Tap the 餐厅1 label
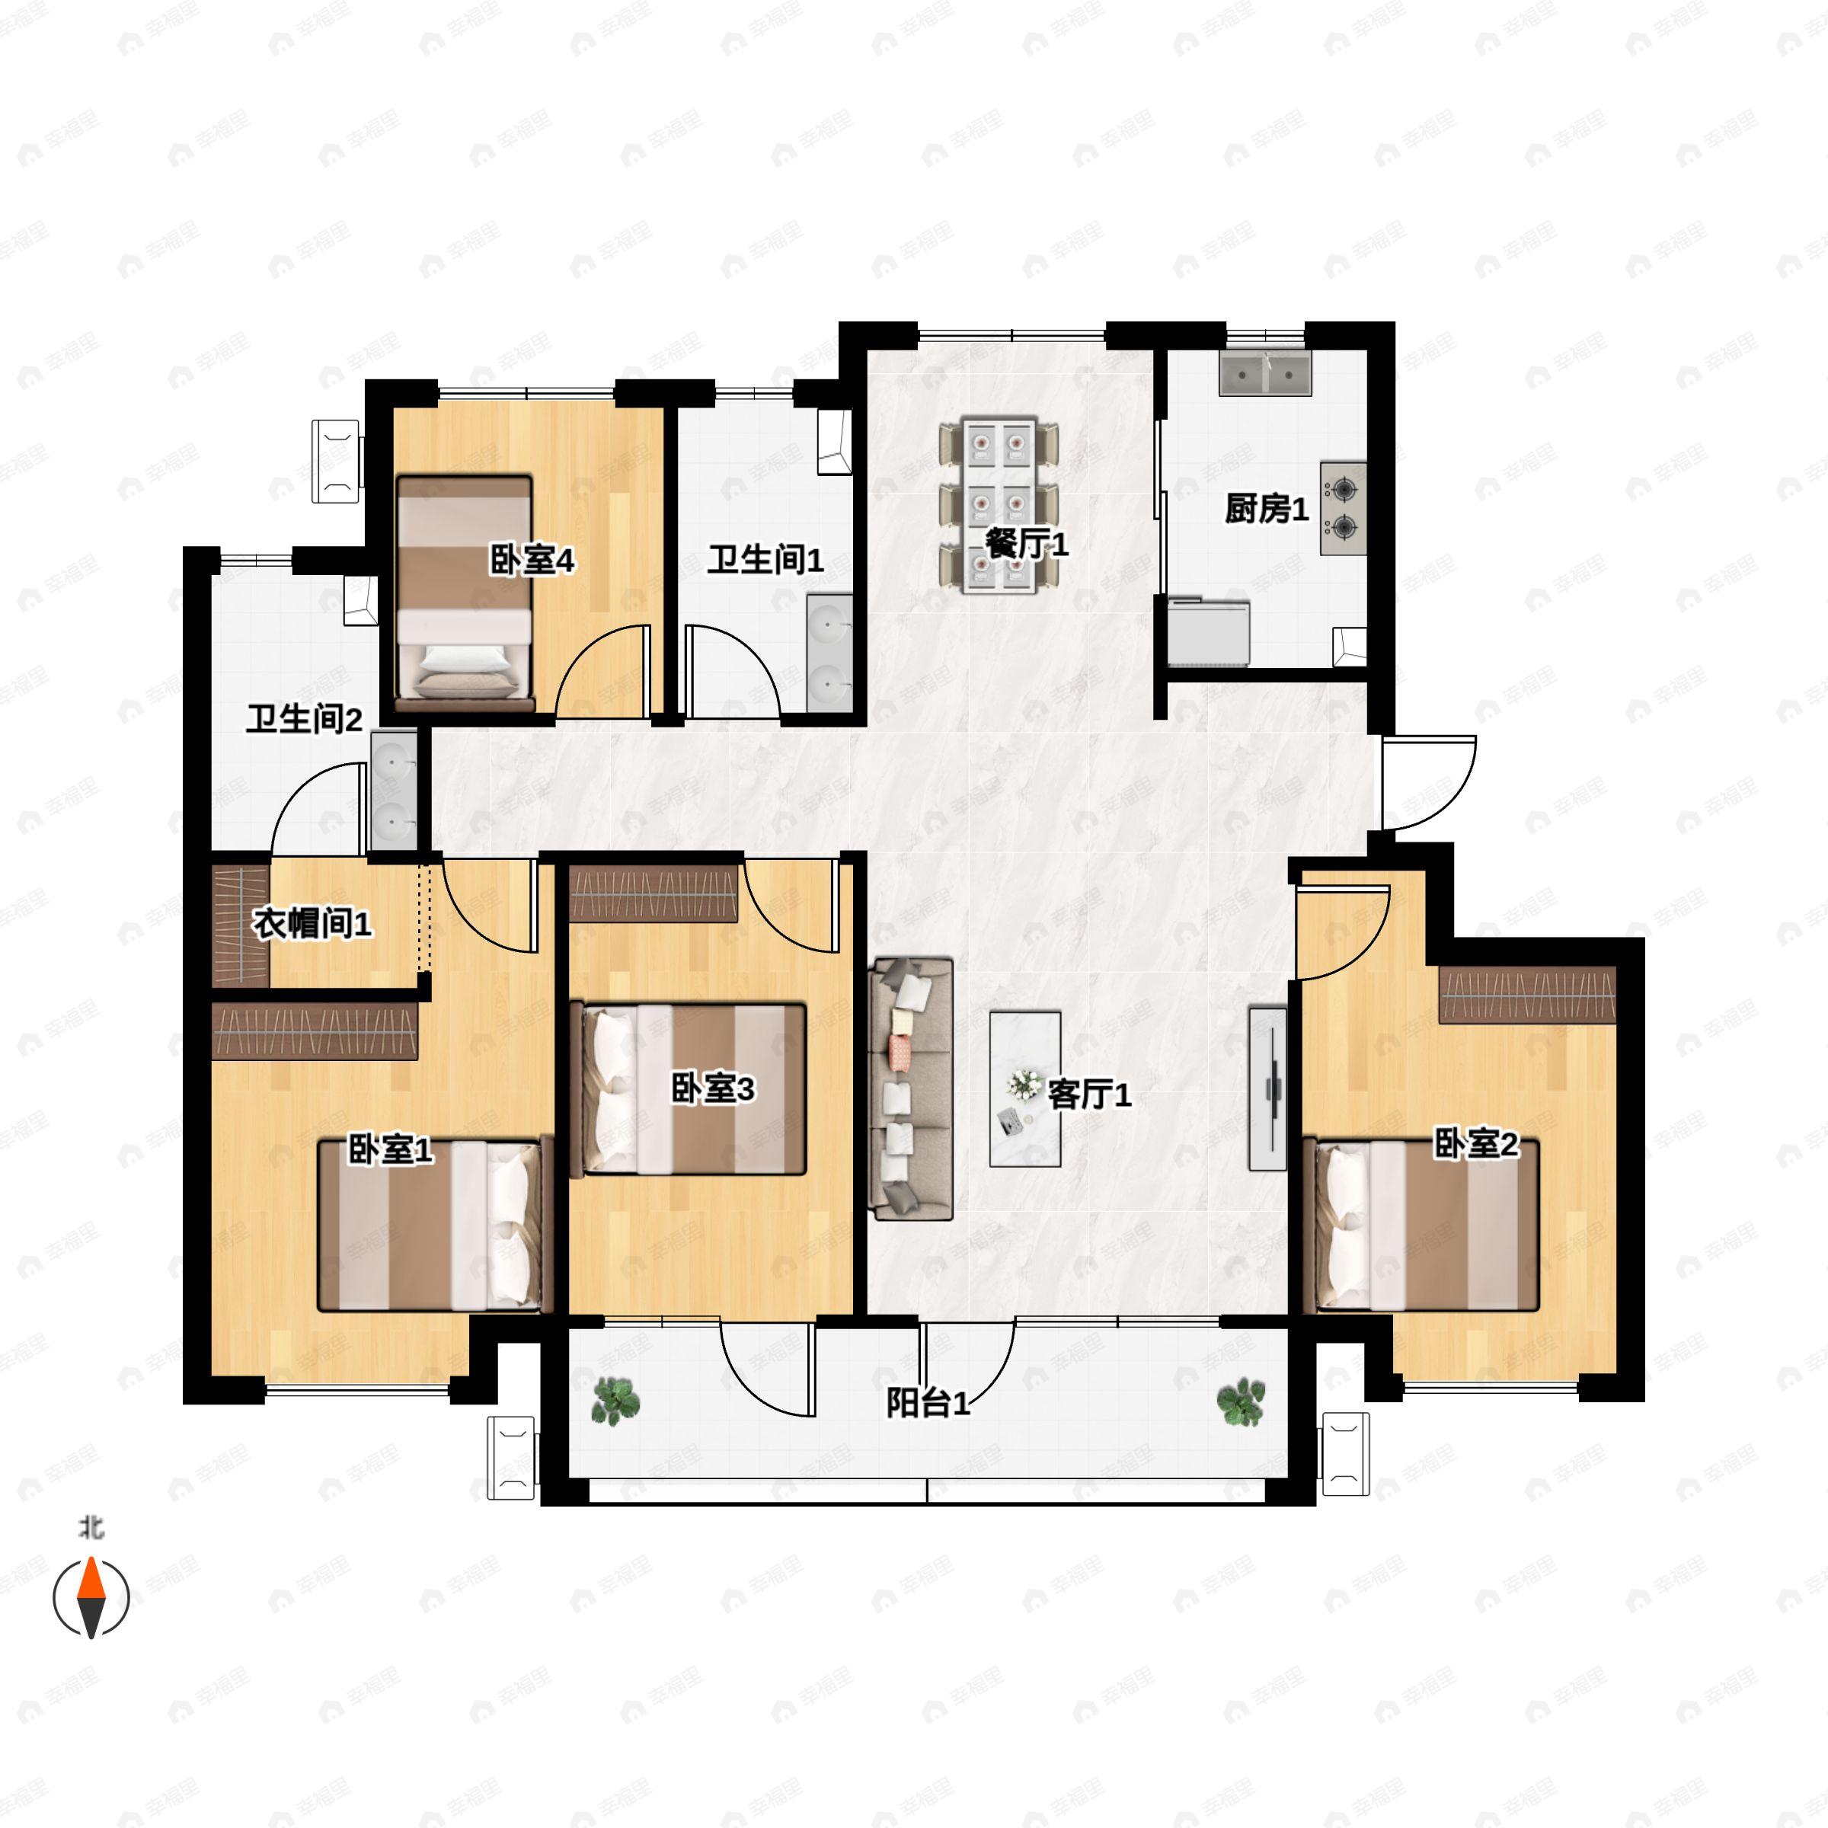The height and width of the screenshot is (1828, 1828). click(1027, 544)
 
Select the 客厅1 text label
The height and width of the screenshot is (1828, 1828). click(1089, 1095)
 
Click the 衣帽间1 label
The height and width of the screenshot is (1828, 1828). click(312, 923)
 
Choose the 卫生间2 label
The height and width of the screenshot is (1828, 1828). click(304, 719)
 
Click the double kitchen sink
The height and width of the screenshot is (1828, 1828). click(1265, 375)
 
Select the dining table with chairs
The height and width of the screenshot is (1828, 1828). click(999, 507)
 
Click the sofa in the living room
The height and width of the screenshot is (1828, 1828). click(910, 1088)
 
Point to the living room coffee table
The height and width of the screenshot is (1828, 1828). click(1024, 1089)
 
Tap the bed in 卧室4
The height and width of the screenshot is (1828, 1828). click(465, 591)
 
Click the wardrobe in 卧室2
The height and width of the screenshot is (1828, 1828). click(1527, 995)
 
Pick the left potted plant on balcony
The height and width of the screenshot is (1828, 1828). click(615, 1401)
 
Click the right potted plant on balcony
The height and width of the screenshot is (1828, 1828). click(1241, 1401)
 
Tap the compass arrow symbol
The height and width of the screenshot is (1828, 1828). click(91, 1597)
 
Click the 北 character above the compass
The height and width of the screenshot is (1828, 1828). click(91, 1527)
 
